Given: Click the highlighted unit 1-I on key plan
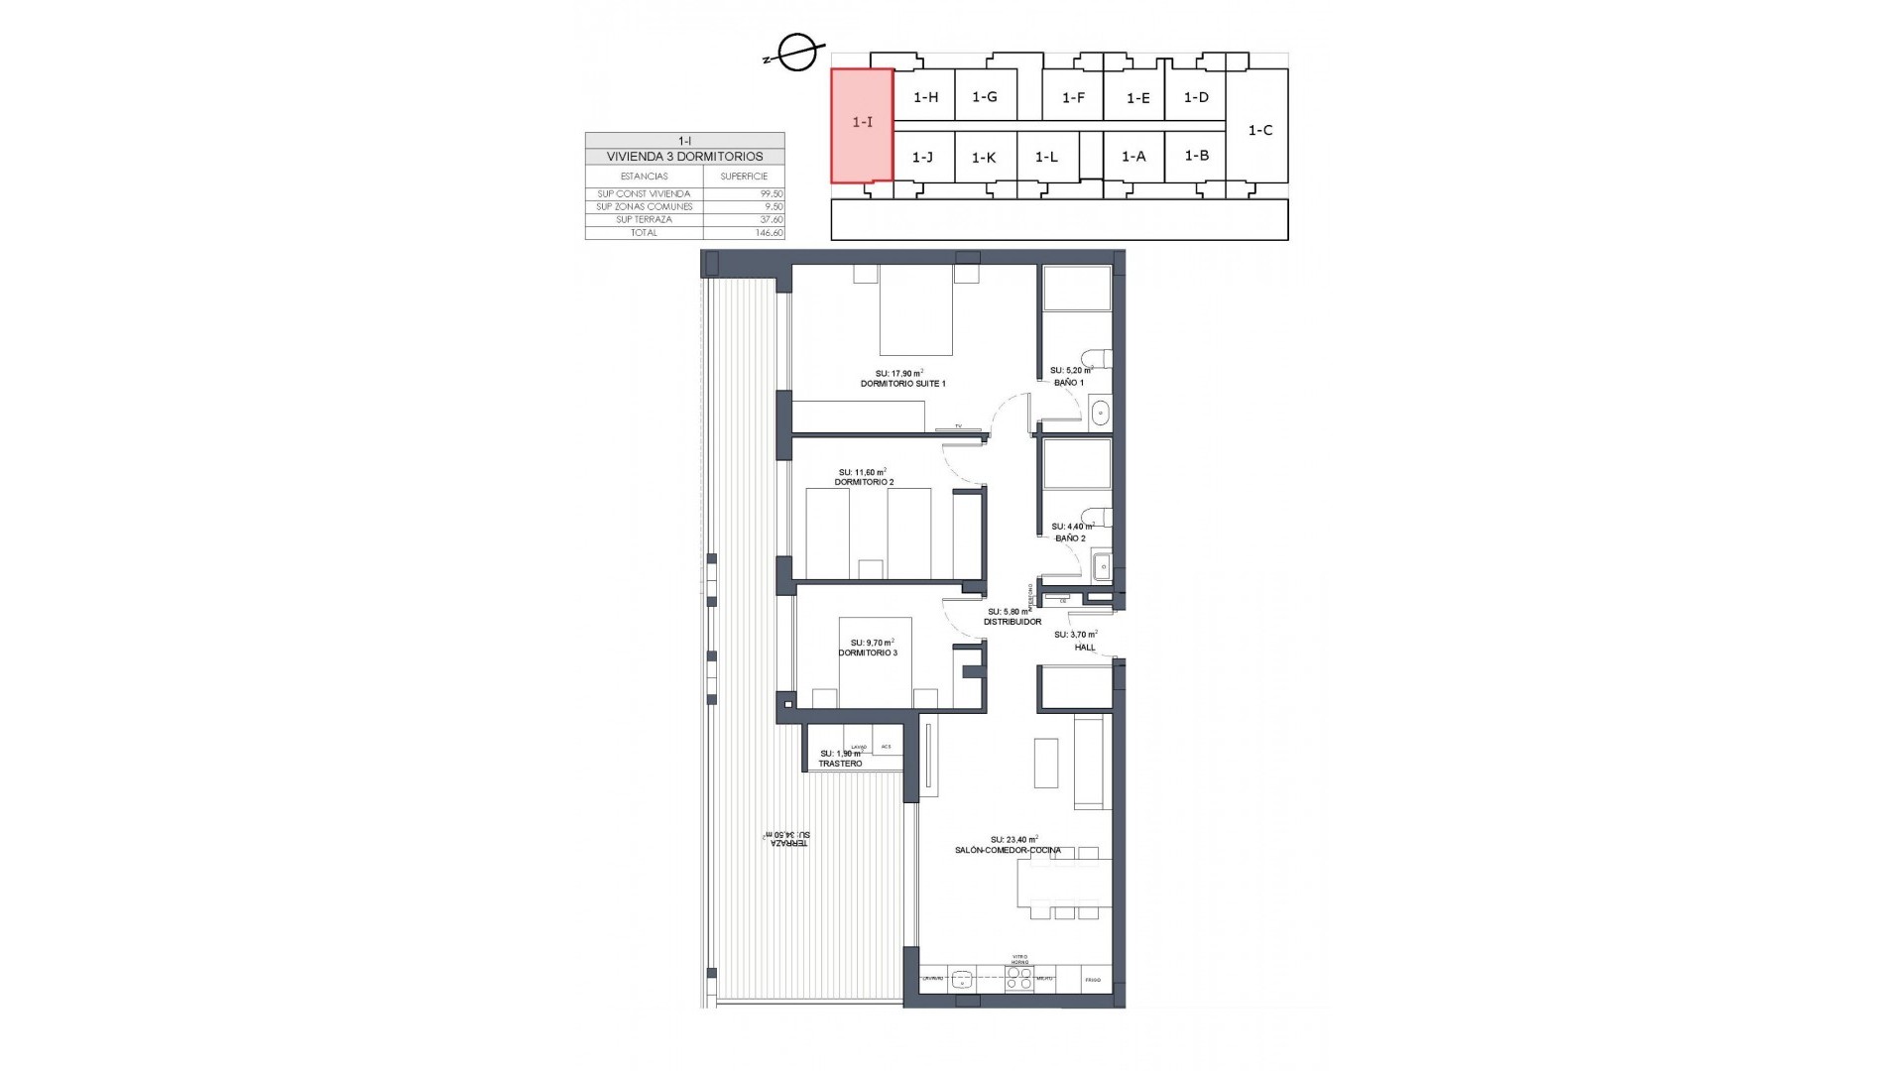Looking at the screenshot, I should click(862, 124).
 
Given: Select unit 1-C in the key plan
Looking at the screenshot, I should click(1259, 130).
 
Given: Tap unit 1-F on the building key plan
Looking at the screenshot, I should click(1073, 98).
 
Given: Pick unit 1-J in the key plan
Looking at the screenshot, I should click(922, 157).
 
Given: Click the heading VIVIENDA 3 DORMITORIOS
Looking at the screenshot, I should click(684, 157).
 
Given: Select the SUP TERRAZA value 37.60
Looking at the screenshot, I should click(771, 220).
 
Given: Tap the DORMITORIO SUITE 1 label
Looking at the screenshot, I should click(902, 383).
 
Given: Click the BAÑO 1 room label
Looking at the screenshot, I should click(1069, 383).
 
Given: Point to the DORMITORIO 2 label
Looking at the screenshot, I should click(864, 482).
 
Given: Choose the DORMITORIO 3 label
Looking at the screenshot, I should click(868, 653).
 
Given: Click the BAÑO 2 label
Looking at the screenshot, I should click(1070, 538).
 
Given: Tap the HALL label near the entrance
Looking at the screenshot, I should click(1085, 648).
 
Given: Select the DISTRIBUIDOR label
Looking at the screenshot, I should click(1012, 622).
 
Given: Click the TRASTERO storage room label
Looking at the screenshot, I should click(840, 764).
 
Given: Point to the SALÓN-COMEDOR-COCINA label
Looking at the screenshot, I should click(1008, 851).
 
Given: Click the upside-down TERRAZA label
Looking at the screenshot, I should click(789, 838).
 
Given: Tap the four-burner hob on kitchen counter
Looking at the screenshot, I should click(1018, 980).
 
